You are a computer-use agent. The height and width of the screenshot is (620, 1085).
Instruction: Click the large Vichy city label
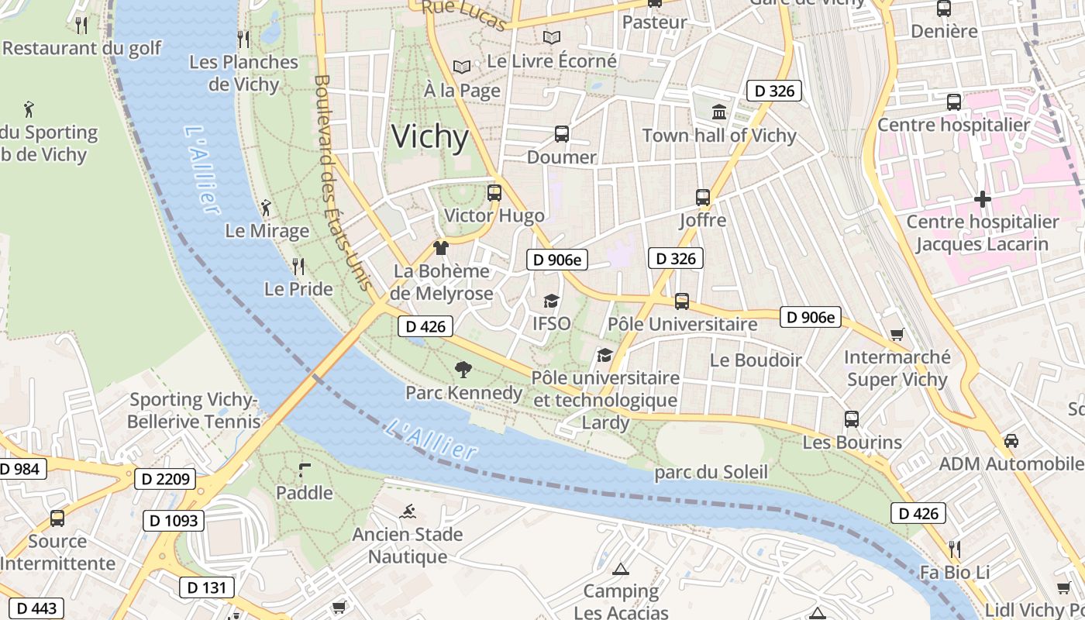coord(430,136)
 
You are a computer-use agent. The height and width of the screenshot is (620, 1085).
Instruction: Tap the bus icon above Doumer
coord(562,134)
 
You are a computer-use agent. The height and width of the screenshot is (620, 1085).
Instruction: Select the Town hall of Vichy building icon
coord(719,112)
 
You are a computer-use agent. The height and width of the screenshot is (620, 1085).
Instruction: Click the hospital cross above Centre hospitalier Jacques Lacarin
coord(982,199)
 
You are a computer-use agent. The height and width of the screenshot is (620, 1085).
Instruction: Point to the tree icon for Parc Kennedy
coord(463,370)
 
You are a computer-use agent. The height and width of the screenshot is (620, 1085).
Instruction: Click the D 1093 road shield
coord(174,521)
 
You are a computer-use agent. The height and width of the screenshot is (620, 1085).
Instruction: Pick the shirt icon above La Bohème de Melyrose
coord(441,248)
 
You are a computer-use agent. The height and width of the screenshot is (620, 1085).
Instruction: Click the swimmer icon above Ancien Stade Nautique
coord(408,511)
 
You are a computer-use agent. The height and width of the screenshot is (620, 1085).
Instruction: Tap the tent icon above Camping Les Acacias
coord(620,570)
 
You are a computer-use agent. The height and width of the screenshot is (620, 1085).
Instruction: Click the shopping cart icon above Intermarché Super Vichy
coord(897,334)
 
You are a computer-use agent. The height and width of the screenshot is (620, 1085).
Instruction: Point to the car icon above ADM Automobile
coord(1011,441)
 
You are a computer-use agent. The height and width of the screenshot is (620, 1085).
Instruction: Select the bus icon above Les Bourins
coord(852,419)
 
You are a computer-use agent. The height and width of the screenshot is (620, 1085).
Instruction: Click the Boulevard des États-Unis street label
coord(342,182)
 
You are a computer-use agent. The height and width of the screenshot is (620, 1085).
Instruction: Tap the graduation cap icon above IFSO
coord(551,301)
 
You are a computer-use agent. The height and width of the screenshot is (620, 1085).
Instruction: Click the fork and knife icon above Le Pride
coord(298,267)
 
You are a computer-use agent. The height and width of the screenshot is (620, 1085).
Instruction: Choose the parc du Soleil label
coord(711,472)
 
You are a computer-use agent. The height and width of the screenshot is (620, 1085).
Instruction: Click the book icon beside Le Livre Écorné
coord(551,37)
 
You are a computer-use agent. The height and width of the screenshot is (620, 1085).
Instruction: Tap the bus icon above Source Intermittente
coord(57,518)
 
